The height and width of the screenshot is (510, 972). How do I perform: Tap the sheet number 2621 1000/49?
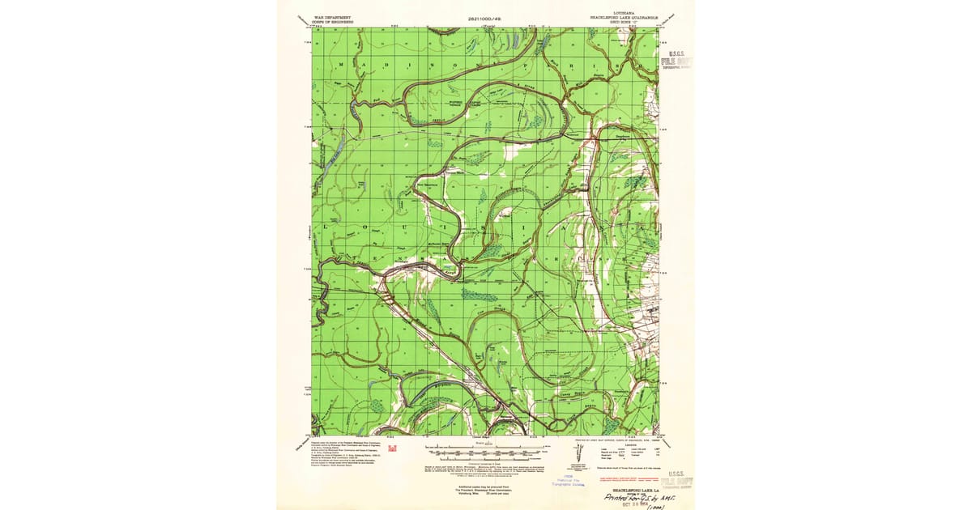486,17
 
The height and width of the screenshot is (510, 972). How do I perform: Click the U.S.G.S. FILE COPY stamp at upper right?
676,60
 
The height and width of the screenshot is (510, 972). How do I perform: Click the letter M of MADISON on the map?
341,64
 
